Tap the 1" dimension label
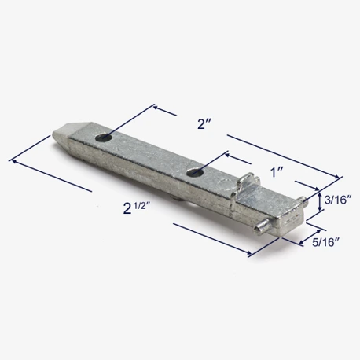coord(277,172)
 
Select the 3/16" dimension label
coord(338,200)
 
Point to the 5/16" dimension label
coord(326,242)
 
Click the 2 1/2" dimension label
coord(137,208)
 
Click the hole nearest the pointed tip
coord(103,138)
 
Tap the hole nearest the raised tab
coord(195,172)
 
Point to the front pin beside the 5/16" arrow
coord(262,226)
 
